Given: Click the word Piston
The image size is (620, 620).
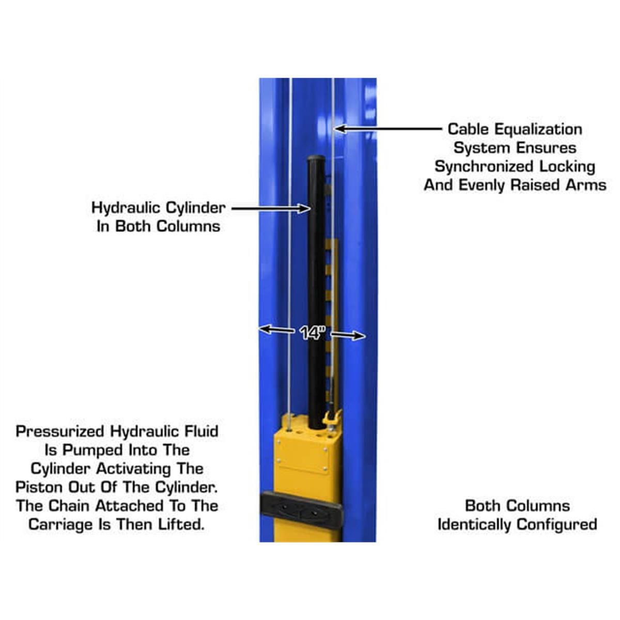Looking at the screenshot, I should point(40,487).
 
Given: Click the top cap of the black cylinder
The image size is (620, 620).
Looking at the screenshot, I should point(317,159).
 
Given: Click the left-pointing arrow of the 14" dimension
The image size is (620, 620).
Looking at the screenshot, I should point(276,330).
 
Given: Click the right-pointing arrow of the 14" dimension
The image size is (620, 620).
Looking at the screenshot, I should point(348,335).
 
